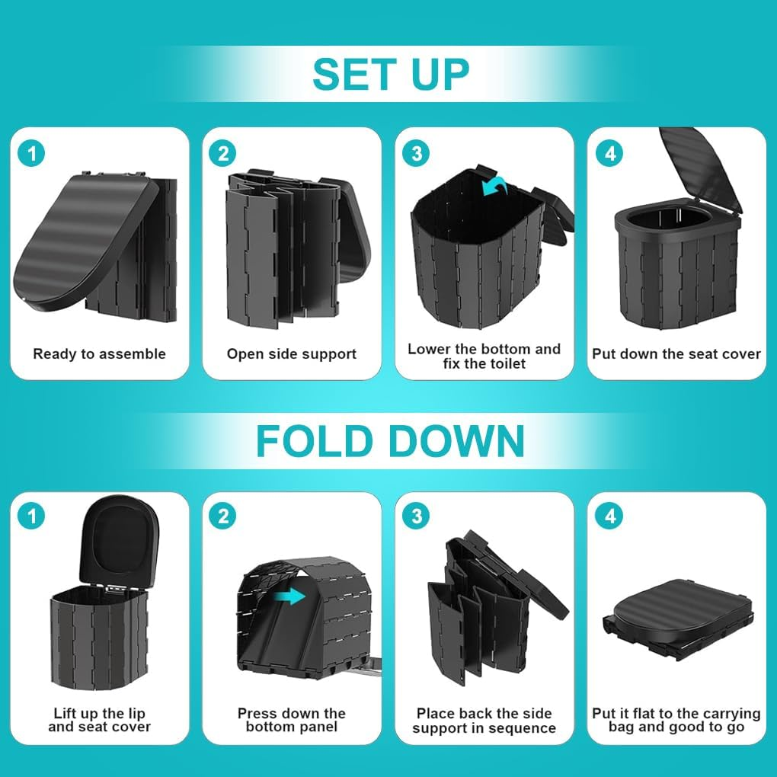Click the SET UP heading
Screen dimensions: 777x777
pos(390,74)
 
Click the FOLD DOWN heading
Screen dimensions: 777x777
pos(390,440)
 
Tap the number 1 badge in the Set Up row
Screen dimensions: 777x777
pos(32,153)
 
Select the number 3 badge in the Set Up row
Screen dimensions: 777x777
pos(416,153)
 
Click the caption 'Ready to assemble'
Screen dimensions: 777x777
pos(99,353)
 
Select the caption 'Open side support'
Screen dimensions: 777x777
pos(292,353)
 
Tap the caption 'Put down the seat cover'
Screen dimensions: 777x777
pos(676,353)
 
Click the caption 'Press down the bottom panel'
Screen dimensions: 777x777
pos(292,720)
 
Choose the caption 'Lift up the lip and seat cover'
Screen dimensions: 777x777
pos(99,720)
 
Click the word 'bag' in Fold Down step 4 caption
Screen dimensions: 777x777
pos(623,727)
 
